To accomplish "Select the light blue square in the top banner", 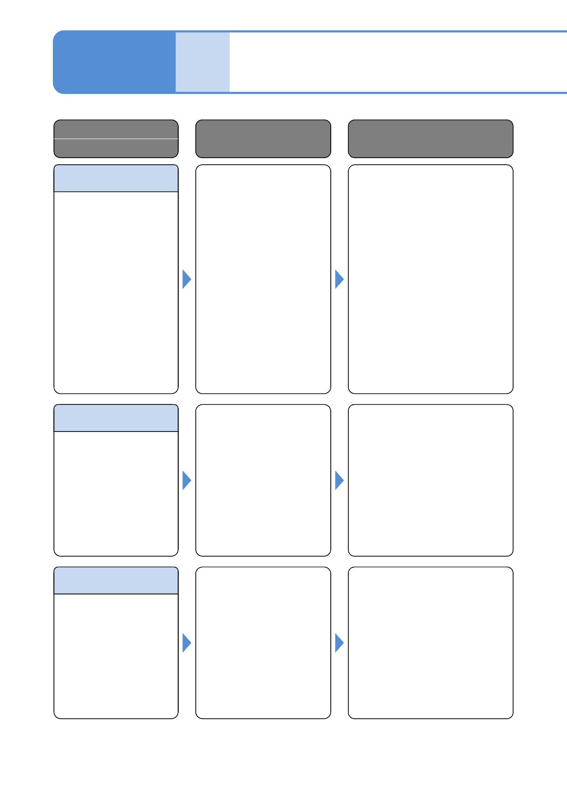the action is click(x=202, y=62).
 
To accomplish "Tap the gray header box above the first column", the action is click(x=116, y=139).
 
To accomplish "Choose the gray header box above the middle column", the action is click(x=263, y=139).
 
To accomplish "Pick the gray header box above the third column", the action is click(x=430, y=139).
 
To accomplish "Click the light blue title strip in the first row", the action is click(x=116, y=179).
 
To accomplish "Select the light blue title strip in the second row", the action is click(x=116, y=418).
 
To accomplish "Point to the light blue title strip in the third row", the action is click(x=116, y=581).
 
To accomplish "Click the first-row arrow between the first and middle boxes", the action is click(x=186, y=279).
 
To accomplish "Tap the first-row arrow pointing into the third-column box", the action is click(x=339, y=279).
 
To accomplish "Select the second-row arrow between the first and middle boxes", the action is click(x=186, y=481).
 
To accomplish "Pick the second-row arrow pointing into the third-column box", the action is click(x=339, y=481).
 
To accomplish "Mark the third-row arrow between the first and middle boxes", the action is click(x=186, y=643).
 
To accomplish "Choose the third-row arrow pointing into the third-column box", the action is click(x=339, y=643).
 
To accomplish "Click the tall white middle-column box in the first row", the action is click(x=263, y=279).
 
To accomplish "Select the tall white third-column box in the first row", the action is click(x=430, y=279).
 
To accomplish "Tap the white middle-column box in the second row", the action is click(x=263, y=480).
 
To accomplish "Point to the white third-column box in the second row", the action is click(x=430, y=480).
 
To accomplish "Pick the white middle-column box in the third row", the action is click(x=263, y=642).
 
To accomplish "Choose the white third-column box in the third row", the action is click(x=430, y=642).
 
